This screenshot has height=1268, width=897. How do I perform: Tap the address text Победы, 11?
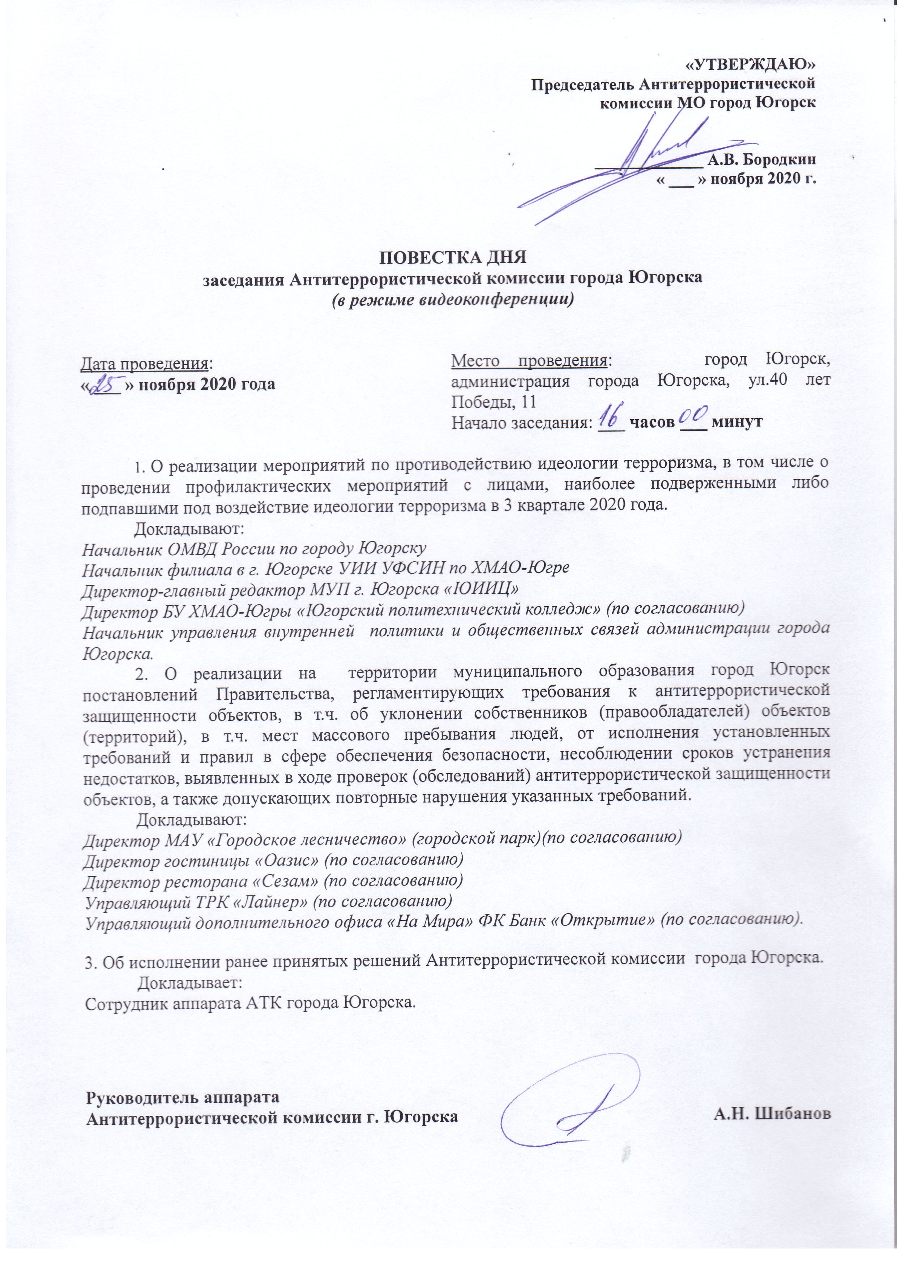pos(494,402)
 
